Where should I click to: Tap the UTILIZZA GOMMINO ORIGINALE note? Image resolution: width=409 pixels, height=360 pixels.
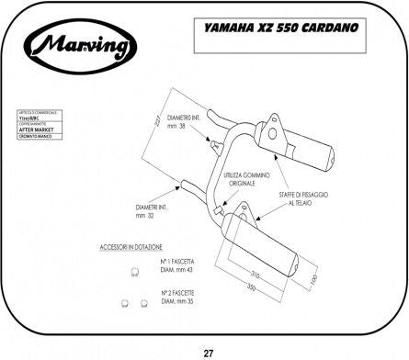click(x=243, y=178)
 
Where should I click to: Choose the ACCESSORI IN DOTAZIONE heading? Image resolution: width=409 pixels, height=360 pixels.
click(x=132, y=248)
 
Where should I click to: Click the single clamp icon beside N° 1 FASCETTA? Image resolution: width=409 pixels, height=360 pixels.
click(x=134, y=271)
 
